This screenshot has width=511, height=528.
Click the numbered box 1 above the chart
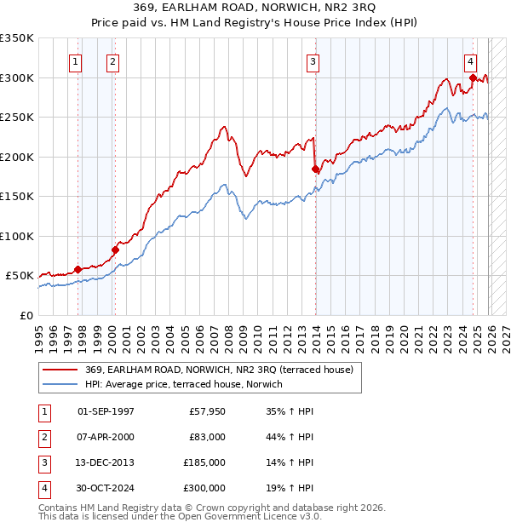[x=76, y=61]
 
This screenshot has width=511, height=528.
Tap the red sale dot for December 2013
[x=315, y=169]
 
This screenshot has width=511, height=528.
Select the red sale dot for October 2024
[x=472, y=78]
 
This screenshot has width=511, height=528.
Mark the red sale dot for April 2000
[x=115, y=250]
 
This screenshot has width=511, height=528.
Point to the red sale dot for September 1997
[x=78, y=269]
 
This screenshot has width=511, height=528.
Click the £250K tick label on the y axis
[x=17, y=118]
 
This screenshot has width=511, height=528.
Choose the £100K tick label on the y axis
[x=17, y=236]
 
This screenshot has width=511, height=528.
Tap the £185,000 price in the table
[x=204, y=463]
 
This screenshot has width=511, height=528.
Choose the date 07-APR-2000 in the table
[x=106, y=437]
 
